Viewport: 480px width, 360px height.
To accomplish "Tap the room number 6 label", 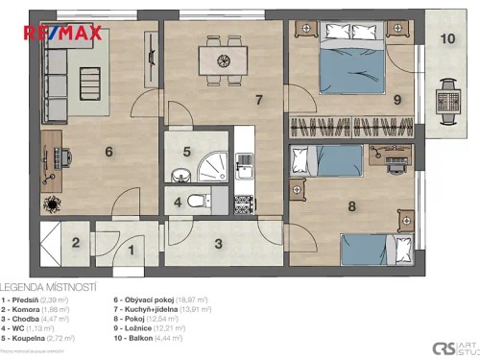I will point(109,151).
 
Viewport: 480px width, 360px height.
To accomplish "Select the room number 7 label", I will point(258,99).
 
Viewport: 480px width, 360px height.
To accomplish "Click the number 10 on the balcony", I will point(447,39).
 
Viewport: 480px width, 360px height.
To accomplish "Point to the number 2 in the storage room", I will point(76,241).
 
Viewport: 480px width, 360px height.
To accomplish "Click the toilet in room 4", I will point(197,202).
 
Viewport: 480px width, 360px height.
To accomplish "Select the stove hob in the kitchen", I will point(244,204).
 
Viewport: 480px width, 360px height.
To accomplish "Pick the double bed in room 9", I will point(351,60).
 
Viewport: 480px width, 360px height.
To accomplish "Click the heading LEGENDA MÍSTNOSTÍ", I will point(47,287).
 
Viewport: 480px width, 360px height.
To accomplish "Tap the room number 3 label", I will point(219,244).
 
